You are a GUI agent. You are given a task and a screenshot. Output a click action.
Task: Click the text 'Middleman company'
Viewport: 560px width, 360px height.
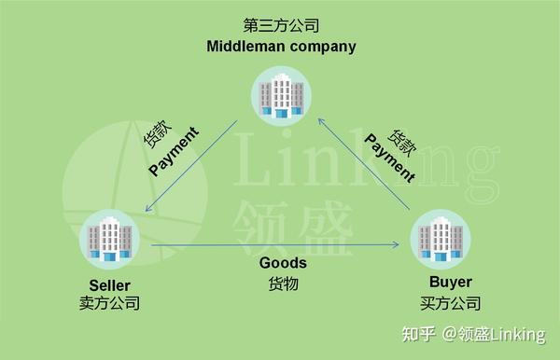pos(280,45)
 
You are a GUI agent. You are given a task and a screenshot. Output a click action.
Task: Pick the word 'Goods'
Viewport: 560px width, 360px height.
pos(283,263)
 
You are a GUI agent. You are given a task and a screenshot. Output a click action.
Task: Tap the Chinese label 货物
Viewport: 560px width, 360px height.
pos(283,284)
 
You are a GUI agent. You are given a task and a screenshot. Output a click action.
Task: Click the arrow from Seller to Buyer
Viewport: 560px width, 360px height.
pos(275,245)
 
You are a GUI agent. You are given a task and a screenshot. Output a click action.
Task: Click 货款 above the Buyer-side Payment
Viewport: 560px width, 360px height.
pos(402,142)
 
